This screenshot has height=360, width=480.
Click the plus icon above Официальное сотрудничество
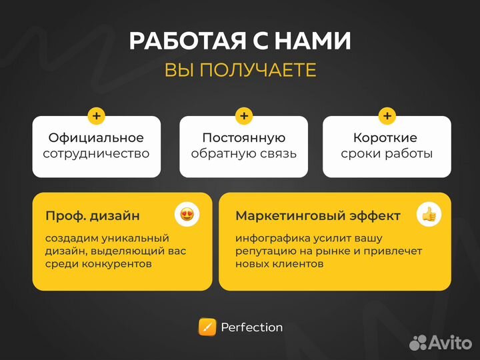coord(97,116)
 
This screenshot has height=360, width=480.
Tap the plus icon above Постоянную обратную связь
coord(244,116)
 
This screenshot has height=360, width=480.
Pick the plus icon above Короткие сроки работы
coord(387,116)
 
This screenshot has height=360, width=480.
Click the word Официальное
coord(96,138)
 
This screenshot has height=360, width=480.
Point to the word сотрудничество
coord(96,153)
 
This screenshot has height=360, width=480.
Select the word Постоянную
coord(244,138)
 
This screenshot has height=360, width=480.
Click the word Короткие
coord(386,138)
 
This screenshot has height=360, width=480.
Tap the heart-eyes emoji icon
coord(187,215)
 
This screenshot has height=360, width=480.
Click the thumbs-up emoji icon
coord(427,215)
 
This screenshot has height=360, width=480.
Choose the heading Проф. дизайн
coord(93,216)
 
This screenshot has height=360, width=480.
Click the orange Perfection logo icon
coord(207,327)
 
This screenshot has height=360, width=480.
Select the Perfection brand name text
coord(251,327)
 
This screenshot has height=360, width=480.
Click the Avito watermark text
coord(449,343)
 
